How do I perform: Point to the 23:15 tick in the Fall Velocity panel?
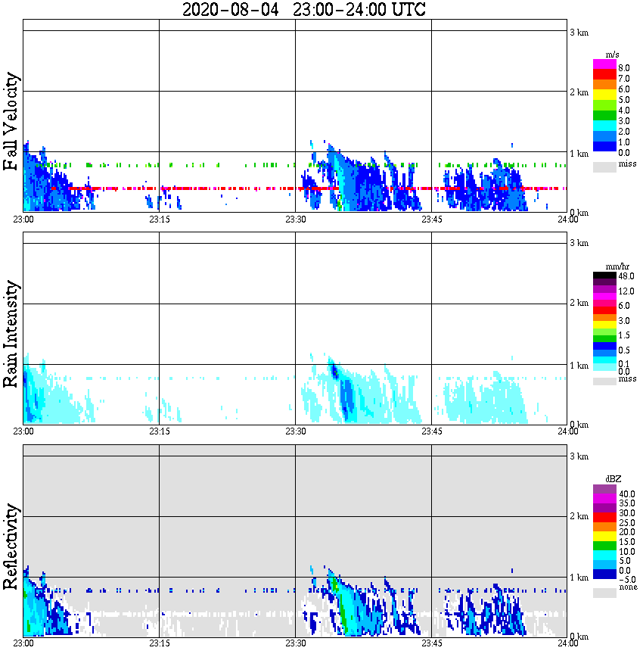(x=158, y=219)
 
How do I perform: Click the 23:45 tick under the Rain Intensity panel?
(x=431, y=431)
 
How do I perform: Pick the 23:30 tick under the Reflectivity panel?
(x=295, y=643)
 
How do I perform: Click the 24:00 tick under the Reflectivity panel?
(x=567, y=643)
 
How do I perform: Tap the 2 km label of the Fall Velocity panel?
(x=579, y=93)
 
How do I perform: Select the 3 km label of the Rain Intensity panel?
(x=579, y=244)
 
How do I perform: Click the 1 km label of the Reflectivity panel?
(x=579, y=578)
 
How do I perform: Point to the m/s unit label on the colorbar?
(x=613, y=54)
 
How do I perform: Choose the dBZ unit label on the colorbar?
(x=613, y=479)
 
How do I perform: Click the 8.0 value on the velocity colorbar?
(x=624, y=68)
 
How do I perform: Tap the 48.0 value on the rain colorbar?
(x=626, y=277)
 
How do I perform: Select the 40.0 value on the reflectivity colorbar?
(x=626, y=493)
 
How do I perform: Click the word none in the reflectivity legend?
(x=627, y=587)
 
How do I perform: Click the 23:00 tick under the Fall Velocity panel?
(x=23, y=219)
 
